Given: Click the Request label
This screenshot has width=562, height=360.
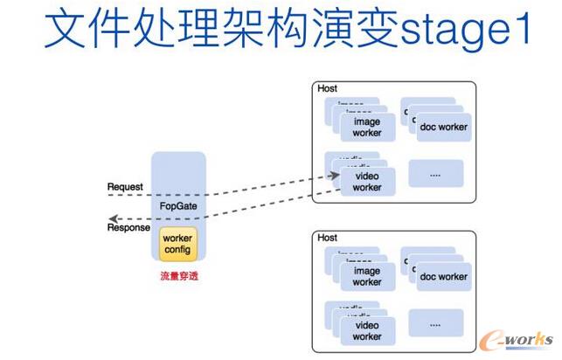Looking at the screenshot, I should pos(124,187).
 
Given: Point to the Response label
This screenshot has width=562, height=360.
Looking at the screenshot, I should pos(127,229).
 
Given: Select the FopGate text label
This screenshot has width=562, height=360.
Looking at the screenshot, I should pos(177,207).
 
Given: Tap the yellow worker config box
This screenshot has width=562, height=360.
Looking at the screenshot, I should pos(177,244).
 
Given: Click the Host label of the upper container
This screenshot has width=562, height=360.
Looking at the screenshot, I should pos(328,89).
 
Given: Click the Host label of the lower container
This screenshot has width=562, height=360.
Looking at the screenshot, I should pos(328,238).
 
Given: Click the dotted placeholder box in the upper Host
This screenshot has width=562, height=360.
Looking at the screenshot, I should pos(435,175).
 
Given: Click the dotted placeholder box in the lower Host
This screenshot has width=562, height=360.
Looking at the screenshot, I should pos(435,323).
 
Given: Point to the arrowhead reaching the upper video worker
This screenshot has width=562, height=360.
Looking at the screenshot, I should pos(336,176).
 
